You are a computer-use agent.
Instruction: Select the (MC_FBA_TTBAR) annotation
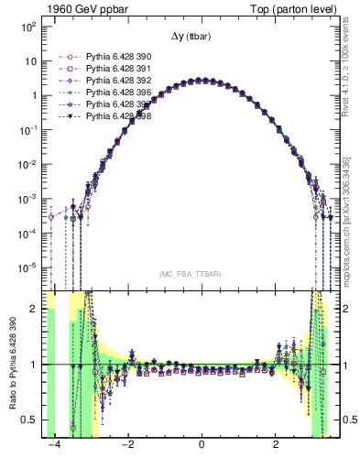click(x=191, y=274)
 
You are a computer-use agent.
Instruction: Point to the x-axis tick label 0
click(x=202, y=444)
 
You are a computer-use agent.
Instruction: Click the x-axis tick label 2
click(x=277, y=444)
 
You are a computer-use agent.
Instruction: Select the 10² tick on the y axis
click(x=29, y=27)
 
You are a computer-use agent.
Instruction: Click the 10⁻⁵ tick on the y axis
click(x=29, y=267)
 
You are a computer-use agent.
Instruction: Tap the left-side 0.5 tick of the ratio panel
click(x=33, y=420)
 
